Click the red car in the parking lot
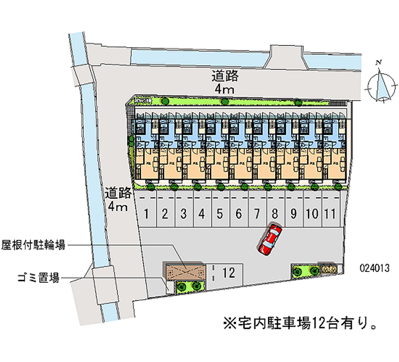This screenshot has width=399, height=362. coord(270,240)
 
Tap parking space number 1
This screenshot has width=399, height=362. coord(147,215)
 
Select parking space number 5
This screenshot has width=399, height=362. coord(219,215)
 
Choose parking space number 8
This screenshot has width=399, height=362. coord(275,215)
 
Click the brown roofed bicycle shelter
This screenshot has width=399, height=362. coord(186,271)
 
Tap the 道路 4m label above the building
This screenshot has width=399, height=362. coord(225,83)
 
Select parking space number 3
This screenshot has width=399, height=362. coord(184,215)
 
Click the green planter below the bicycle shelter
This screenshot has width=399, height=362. coord(190,286)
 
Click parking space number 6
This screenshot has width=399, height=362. coord(238,215)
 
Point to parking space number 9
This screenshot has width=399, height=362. coord(294,215)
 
